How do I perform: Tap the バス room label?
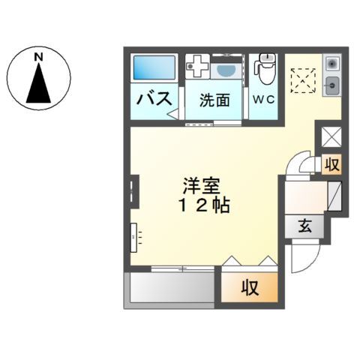[154, 98]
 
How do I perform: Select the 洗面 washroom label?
[214, 100]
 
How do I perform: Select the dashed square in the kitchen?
[303, 79]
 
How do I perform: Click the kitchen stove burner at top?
[332, 62]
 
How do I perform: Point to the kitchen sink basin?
[332, 84]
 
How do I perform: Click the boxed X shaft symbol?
[331, 138]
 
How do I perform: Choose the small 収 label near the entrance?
[331, 164]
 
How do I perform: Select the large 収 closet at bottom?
[250, 286]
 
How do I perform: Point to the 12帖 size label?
[202, 205]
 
